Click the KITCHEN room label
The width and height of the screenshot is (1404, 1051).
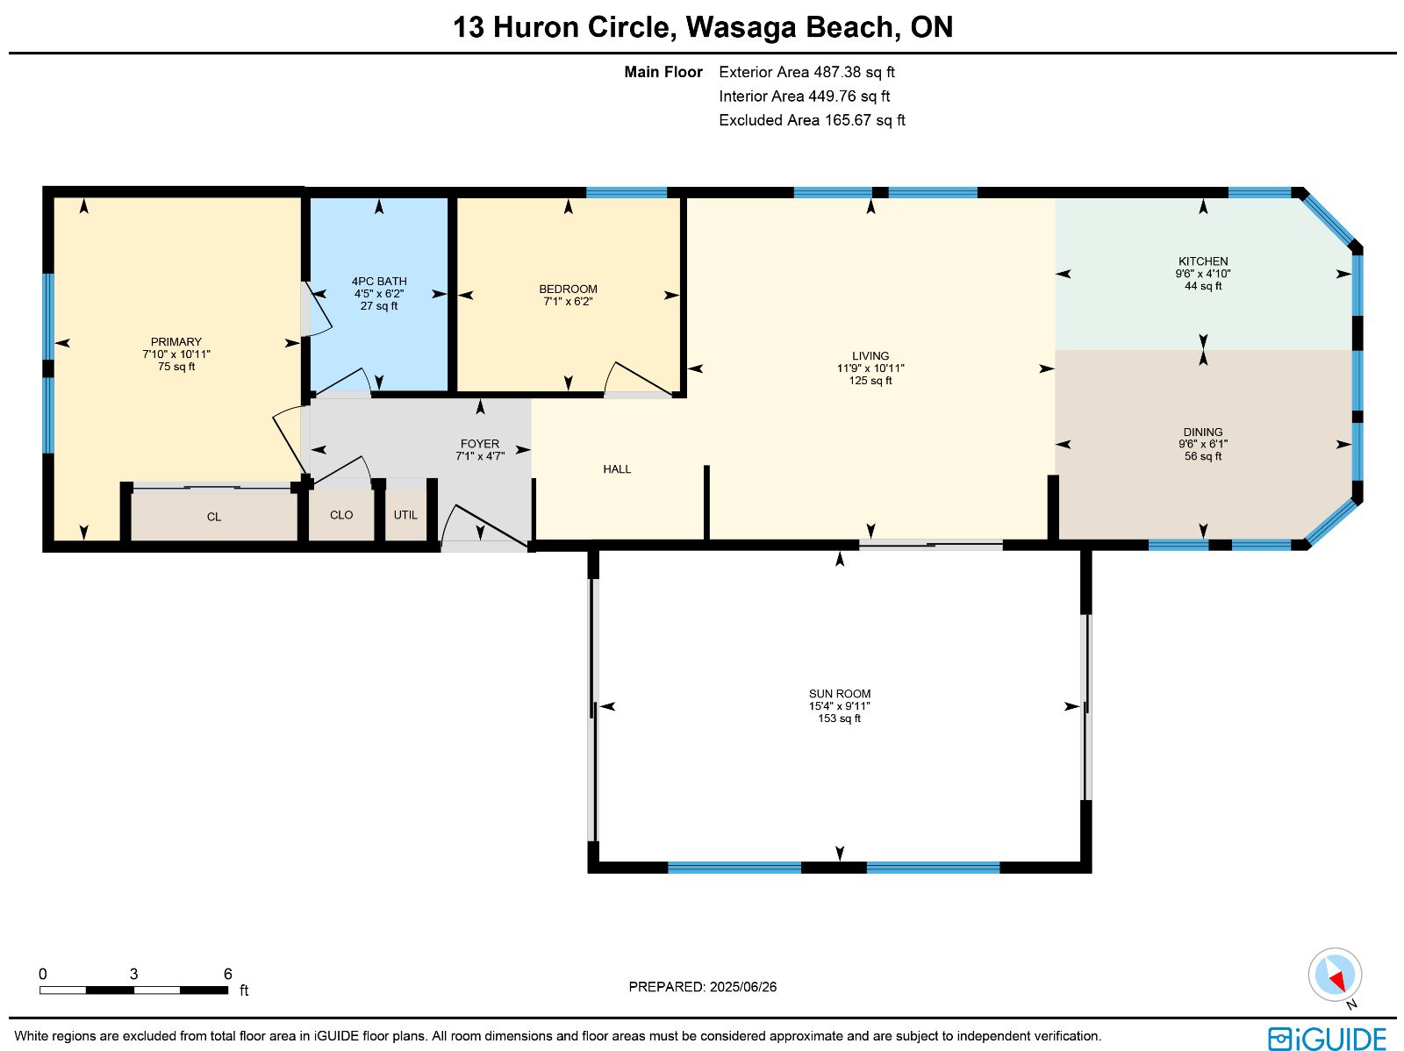tap(1202, 261)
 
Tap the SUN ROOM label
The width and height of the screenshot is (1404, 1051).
tap(839, 694)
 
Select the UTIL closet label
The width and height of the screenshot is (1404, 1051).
tap(405, 515)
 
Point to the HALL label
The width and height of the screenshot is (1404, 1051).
tap(617, 469)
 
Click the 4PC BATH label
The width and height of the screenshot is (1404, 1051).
tap(379, 282)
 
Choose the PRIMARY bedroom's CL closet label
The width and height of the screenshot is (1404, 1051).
tap(213, 517)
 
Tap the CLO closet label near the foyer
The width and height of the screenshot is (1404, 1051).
tap(341, 515)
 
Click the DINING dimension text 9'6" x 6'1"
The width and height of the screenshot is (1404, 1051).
tap(1202, 444)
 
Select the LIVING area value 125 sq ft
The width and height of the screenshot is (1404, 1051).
tap(870, 381)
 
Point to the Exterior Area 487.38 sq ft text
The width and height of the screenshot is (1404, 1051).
tap(806, 72)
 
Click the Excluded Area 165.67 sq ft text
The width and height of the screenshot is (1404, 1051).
tap(812, 120)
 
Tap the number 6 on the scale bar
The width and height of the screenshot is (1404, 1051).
tap(227, 974)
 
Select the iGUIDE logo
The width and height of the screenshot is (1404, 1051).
tap(1327, 1038)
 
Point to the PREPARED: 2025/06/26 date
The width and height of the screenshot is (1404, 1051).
tap(702, 986)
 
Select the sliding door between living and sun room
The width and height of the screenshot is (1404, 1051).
tap(931, 545)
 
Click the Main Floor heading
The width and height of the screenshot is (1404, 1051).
tap(663, 72)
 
